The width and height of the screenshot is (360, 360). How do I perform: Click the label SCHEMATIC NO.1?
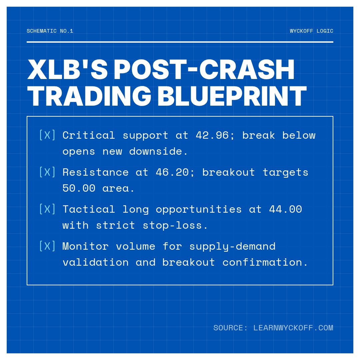click(x=50, y=31)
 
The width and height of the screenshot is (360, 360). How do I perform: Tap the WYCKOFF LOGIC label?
click(x=311, y=31)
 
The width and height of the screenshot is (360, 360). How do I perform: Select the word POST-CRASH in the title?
click(x=204, y=70)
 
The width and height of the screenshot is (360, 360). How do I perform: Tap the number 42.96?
click(x=212, y=135)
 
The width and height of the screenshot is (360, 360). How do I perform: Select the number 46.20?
click(x=172, y=172)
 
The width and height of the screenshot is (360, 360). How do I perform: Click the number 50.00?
click(x=79, y=188)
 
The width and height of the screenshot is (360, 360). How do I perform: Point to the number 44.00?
click(x=285, y=209)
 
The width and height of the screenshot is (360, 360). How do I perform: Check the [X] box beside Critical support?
click(x=47, y=135)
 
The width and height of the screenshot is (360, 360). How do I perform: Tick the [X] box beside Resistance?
click(x=47, y=172)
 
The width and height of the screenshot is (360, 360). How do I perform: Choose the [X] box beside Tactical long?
click(x=47, y=209)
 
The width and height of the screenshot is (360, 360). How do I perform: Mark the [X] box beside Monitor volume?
click(x=47, y=246)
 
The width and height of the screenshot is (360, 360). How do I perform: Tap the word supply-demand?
click(x=232, y=246)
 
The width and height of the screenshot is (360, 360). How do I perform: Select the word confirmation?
click(x=265, y=262)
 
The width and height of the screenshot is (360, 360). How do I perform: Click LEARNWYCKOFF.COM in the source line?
click(x=293, y=328)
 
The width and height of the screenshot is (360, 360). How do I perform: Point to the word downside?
click(x=159, y=151)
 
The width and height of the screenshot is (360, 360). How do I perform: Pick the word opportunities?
click(x=199, y=209)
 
